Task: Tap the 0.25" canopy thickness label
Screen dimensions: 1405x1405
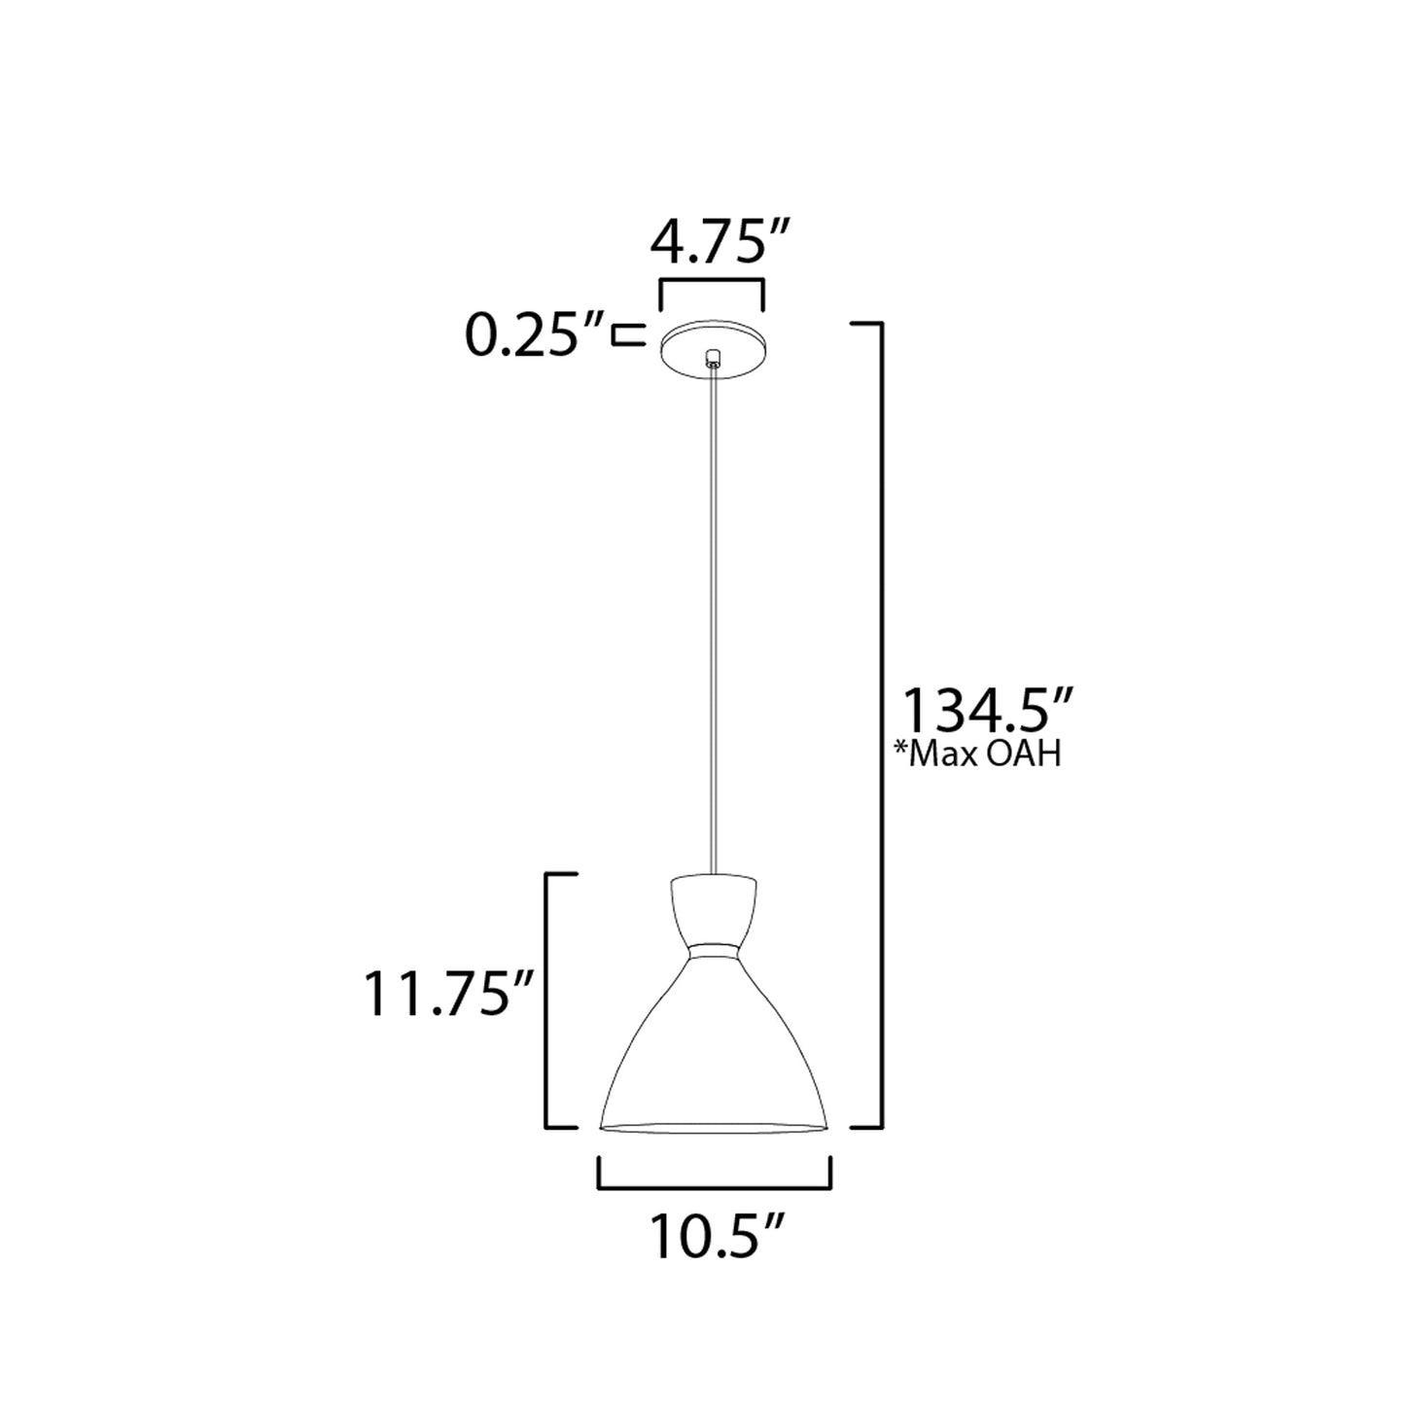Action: click(523, 335)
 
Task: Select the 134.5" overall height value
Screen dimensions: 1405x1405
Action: click(989, 711)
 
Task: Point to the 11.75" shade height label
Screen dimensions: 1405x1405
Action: click(448, 996)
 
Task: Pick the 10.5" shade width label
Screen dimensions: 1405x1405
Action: click(716, 1237)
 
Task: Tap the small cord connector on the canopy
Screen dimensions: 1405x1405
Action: click(714, 358)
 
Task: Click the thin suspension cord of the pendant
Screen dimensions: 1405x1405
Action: click(715, 622)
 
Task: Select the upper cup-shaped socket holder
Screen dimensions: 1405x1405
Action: click(714, 909)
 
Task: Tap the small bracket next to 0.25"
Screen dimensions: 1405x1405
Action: click(627, 335)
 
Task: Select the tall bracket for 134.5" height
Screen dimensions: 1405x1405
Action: click(880, 724)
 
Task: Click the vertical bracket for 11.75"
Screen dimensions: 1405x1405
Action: click(547, 1001)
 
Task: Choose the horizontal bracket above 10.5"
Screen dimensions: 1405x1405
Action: click(714, 1186)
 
